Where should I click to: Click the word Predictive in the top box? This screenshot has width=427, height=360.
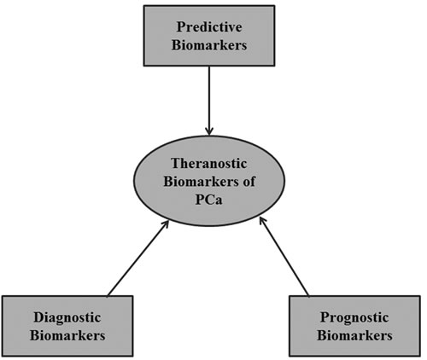point(209,27)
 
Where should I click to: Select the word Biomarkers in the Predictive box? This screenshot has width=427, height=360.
point(209,45)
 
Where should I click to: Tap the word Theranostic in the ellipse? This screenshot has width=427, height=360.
point(209,164)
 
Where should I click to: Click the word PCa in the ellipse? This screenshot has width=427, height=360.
point(208,200)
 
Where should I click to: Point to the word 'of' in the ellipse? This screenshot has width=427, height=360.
point(249,182)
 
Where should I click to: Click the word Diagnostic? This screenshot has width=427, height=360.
point(67,317)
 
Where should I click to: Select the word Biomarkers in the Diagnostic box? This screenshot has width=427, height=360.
point(67,335)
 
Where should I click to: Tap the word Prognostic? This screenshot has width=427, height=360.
point(354,317)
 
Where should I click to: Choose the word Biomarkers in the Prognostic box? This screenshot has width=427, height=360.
point(354,335)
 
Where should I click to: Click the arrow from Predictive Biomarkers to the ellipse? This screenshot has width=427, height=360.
point(209,101)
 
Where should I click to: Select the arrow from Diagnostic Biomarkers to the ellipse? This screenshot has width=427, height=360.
point(138,258)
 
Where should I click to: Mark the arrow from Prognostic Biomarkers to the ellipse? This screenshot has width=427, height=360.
point(284,257)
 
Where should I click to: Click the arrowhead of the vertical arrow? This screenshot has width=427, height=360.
point(209,132)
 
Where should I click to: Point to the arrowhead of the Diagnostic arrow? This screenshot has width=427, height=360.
point(166,224)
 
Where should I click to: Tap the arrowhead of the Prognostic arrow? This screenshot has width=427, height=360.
point(262,222)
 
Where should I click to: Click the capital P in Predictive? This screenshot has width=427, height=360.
point(181,27)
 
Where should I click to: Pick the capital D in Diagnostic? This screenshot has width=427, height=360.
point(39,317)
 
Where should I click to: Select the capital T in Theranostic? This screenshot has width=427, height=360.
point(177,164)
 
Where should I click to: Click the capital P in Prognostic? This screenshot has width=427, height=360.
point(325,317)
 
